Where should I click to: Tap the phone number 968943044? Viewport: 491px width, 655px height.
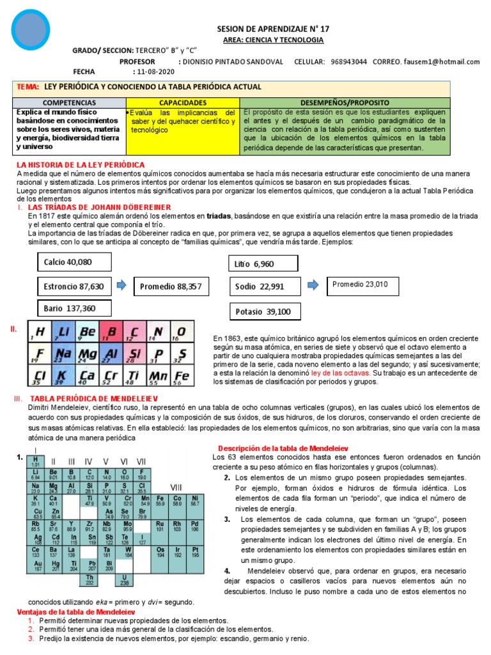tap(349, 61)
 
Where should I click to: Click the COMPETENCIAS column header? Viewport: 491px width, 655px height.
tap(70, 102)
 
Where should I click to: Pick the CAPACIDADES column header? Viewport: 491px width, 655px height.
tap(183, 102)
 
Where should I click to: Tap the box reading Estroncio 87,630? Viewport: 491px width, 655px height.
tap(74, 286)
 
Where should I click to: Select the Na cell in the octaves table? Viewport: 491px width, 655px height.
tap(62, 354)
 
